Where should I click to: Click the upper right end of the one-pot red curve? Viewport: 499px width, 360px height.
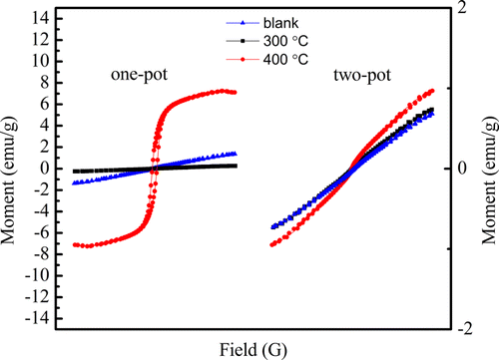pyautogui.click(x=235, y=92)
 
